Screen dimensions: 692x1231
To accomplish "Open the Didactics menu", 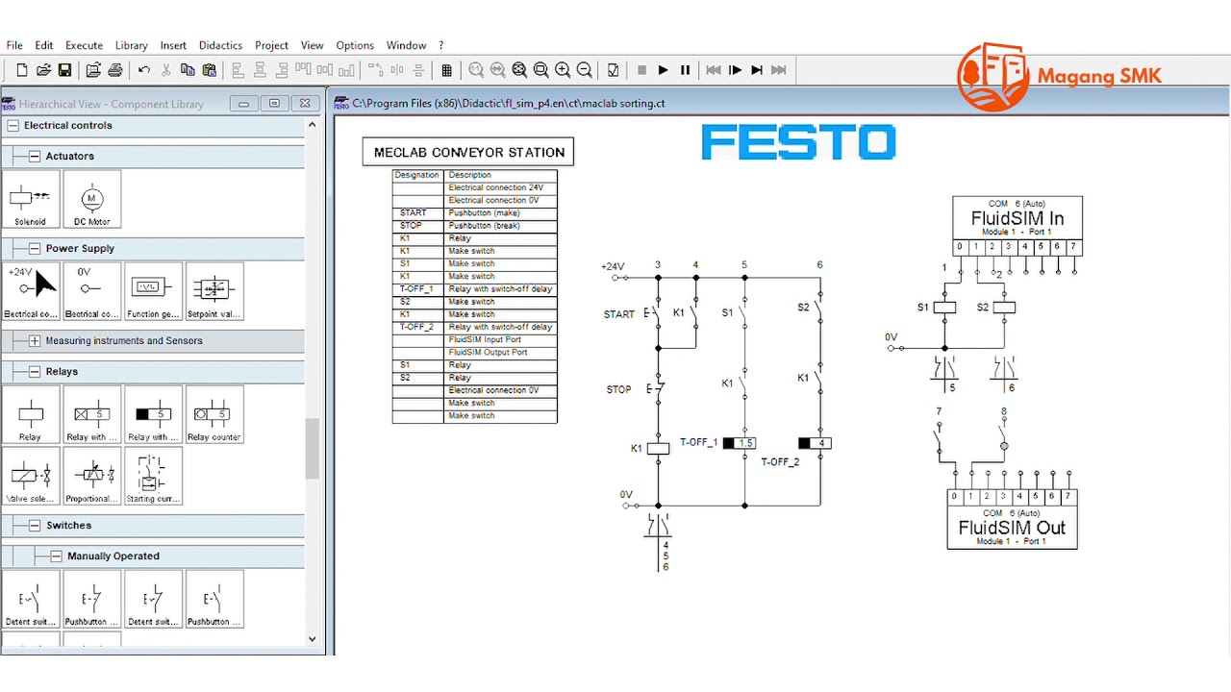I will [220, 45].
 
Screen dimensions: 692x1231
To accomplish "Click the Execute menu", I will [84, 45].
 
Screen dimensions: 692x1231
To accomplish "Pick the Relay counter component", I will [214, 415].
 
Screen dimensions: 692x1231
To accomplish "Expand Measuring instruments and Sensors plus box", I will [35, 340].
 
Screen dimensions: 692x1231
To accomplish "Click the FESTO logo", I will [798, 143].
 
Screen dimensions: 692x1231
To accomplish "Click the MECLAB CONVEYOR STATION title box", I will [468, 152].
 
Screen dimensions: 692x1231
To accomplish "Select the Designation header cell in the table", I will [416, 175].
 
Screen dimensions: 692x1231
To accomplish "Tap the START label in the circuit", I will [618, 314].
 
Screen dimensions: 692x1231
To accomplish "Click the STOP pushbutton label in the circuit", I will [618, 389].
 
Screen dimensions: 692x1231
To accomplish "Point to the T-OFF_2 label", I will [780, 462].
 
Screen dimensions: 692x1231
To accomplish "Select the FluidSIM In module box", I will [1017, 218].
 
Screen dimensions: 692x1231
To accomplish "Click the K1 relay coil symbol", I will [658, 448].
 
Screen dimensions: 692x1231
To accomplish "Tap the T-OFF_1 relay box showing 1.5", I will [740, 443].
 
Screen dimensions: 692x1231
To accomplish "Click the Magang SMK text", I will [1099, 77].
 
